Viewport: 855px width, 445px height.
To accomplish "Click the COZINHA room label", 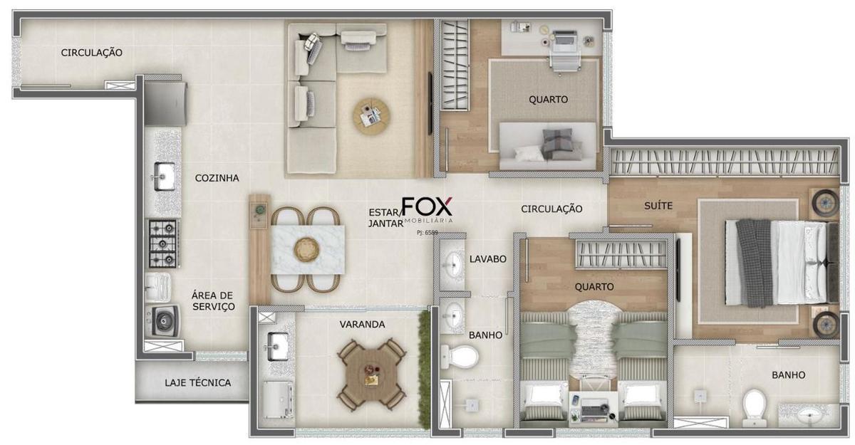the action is [217, 178].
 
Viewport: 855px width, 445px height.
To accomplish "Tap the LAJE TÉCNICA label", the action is [198, 382].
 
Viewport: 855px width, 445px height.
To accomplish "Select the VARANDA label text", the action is [362, 325].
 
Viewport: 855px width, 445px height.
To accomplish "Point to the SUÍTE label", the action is [658, 206].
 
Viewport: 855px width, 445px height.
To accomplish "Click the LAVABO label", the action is [488, 259].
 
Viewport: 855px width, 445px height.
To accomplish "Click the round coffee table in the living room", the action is [371, 116].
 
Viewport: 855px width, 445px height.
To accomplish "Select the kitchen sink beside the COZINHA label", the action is [164, 176].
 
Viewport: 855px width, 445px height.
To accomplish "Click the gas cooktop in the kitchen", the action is [164, 244].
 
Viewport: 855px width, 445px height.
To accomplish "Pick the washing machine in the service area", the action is [164, 320].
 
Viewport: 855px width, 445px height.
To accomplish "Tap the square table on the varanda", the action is [372, 375].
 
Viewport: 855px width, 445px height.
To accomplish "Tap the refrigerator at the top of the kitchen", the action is [165, 103].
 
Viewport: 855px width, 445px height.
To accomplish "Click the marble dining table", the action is [308, 249].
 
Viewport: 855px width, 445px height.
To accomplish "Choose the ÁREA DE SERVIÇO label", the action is [213, 301].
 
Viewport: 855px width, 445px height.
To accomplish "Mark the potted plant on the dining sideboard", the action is [260, 209].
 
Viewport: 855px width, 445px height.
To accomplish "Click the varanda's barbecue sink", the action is [278, 346].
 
